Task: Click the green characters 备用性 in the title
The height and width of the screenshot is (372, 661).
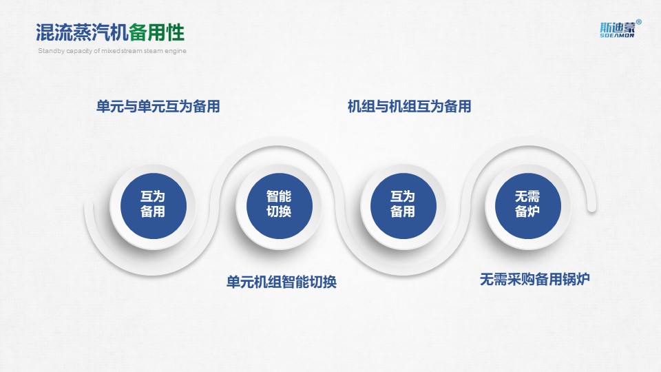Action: point(157,32)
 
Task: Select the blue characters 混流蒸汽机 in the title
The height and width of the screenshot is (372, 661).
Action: point(82,32)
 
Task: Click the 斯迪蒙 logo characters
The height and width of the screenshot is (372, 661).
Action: point(618,28)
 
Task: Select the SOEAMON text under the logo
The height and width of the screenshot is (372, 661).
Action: point(617,35)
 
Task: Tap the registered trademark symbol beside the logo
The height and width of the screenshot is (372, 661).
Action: point(639,22)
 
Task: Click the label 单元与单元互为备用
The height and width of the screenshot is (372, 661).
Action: point(158,106)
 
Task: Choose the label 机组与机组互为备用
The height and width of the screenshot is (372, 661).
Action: point(409,106)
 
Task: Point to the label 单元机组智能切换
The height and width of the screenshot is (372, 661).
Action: point(281,282)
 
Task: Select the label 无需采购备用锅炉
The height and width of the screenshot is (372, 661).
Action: point(534,279)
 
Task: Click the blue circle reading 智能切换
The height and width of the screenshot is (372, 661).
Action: point(279,206)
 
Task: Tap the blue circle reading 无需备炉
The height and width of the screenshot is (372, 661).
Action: point(528,206)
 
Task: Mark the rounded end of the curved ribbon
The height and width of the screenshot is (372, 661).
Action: point(591,207)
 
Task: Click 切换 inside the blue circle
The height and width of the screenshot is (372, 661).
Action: point(279,211)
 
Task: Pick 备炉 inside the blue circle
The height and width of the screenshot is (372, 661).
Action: point(527,211)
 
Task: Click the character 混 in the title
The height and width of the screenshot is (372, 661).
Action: point(45,32)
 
